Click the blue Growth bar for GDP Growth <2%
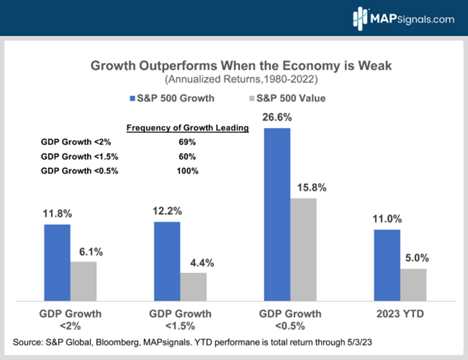57,261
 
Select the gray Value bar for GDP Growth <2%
83,280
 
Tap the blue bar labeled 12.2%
167,260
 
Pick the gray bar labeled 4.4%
193,286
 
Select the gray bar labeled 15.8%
303,248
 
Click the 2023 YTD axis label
400,313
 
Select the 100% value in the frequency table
187,172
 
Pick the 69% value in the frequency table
187,142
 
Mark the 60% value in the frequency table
187,157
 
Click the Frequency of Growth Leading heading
187,127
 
